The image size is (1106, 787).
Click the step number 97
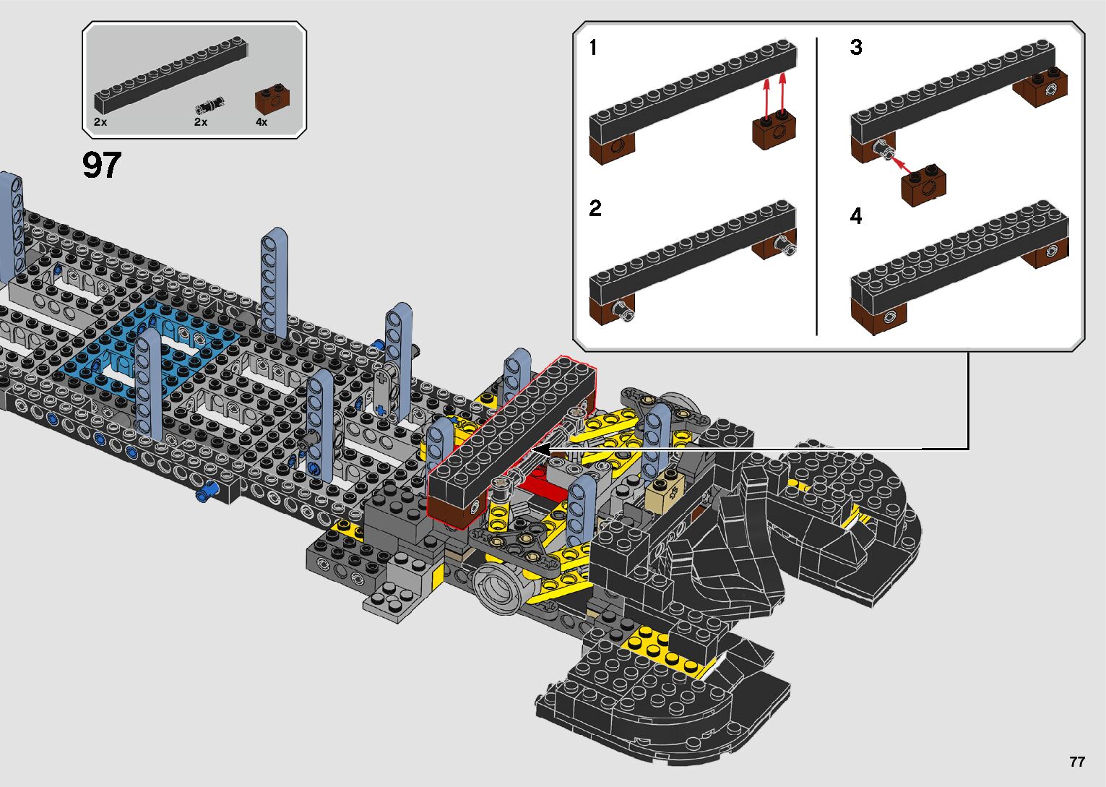click(x=102, y=165)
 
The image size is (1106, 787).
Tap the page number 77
click(x=1077, y=761)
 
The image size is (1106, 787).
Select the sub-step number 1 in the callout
click(x=593, y=48)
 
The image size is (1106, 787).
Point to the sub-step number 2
click(x=595, y=208)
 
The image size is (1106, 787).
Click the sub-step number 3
click(x=855, y=48)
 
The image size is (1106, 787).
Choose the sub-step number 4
click(x=855, y=216)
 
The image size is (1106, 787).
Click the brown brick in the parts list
click(x=272, y=100)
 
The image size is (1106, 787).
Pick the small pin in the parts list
click(x=209, y=106)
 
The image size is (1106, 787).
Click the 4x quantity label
click(x=262, y=121)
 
